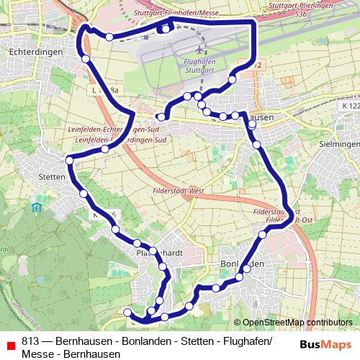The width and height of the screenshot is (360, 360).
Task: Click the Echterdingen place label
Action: coord(28,52)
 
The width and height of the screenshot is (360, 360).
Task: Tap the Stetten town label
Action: coord(52,176)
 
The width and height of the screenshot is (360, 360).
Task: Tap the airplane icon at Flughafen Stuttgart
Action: coord(199,50)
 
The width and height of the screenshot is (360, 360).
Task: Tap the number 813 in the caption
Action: coord(30,341)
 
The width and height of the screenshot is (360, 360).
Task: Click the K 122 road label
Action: coord(351,106)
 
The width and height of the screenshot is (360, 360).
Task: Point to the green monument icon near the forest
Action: coord(36,208)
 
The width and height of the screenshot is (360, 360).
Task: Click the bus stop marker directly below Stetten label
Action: coord(83,193)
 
